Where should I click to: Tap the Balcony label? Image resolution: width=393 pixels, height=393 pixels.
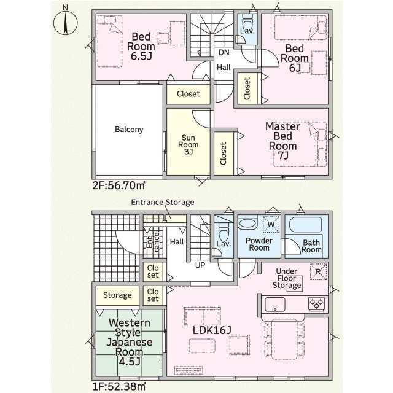click(x=129, y=130)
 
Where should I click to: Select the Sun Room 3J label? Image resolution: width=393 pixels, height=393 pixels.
click(x=189, y=145)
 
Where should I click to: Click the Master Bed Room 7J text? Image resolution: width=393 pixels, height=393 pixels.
click(x=282, y=141)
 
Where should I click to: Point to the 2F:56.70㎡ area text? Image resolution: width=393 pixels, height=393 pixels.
click(x=119, y=185)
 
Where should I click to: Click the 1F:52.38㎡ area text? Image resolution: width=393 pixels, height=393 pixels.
click(x=119, y=386)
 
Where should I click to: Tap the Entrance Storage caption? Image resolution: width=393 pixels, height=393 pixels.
click(x=163, y=202)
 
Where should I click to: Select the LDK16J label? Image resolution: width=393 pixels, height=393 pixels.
click(x=212, y=330)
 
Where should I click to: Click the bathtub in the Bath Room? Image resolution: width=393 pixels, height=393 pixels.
click(x=306, y=225)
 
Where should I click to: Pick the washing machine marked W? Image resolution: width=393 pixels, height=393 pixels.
click(x=271, y=224)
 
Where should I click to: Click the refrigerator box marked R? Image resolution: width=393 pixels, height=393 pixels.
click(x=318, y=271)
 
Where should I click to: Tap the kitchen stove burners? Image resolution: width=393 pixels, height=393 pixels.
click(x=316, y=304)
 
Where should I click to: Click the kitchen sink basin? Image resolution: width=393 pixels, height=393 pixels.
click(x=275, y=305)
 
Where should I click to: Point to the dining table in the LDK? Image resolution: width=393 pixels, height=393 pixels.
click(x=285, y=339)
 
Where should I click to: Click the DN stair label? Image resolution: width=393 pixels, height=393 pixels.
click(x=224, y=52)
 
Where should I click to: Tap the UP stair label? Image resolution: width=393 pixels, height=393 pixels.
click(x=200, y=265)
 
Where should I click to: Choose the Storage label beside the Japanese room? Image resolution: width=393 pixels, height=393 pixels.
click(x=117, y=295)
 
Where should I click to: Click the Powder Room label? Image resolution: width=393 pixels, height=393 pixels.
click(x=259, y=244)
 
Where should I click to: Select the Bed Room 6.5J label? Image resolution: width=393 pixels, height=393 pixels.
click(x=141, y=47)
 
